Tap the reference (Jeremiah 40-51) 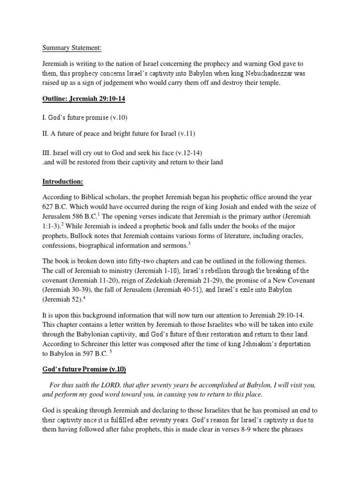coord(176,290)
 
